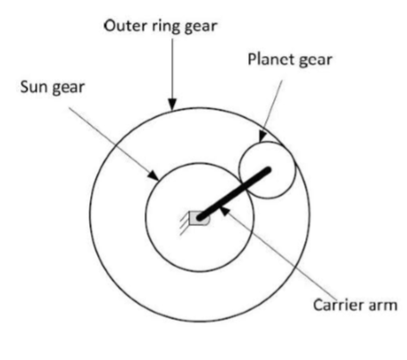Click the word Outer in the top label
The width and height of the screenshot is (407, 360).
coord(126,26)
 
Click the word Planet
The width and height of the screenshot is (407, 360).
coord(270,59)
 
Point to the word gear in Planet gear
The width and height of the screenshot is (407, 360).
coord(315,61)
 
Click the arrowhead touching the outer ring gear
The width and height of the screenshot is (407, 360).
coord(172,105)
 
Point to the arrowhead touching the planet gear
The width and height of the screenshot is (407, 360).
coord(262,137)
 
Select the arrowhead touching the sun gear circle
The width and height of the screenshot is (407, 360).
coord(154,175)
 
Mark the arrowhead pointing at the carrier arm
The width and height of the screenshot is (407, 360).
coord(225,211)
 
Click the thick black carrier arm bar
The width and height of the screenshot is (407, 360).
coord(235,194)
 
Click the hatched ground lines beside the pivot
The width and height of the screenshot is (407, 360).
coord(185,224)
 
